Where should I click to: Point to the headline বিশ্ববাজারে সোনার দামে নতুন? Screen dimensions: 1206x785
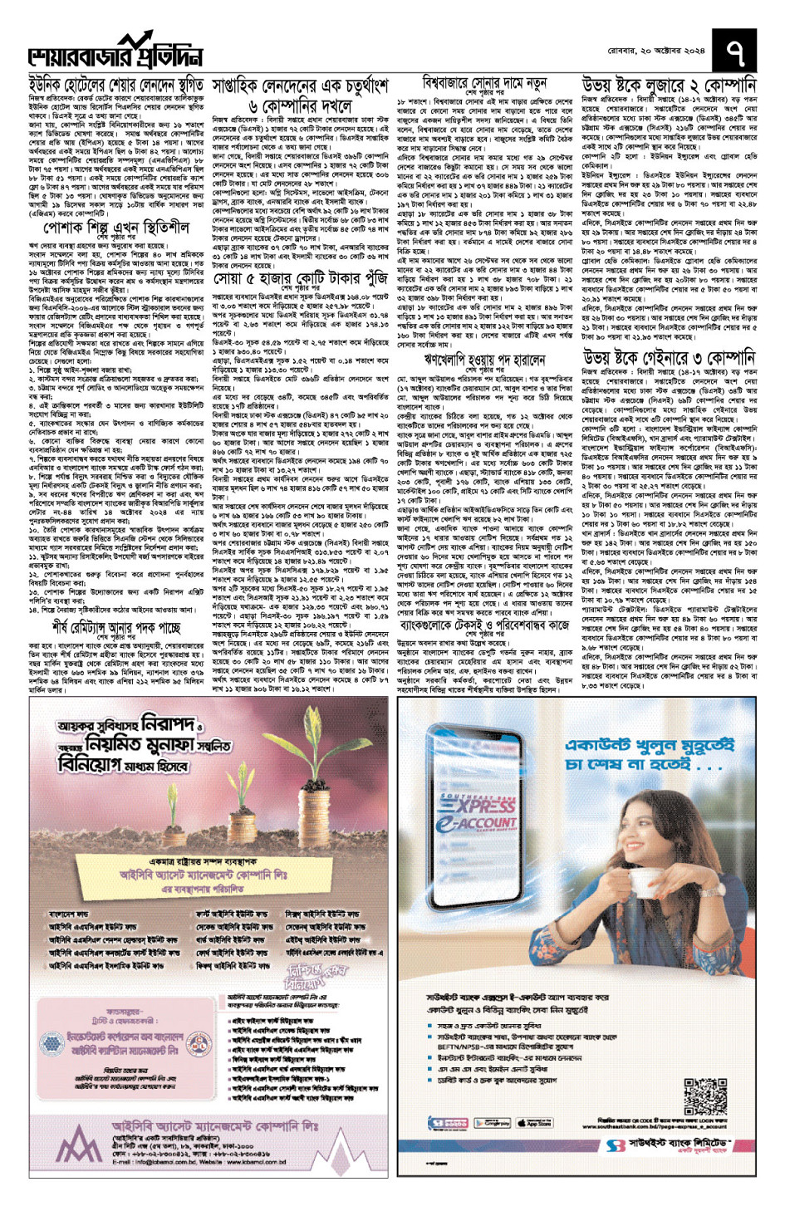(484, 84)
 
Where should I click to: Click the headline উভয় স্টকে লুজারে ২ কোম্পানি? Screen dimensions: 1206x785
(669, 86)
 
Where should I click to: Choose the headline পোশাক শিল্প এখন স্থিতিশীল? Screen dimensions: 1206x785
(115, 228)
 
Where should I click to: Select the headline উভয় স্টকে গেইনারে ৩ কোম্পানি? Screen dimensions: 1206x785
(669, 359)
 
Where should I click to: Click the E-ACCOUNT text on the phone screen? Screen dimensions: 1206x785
(487, 822)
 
